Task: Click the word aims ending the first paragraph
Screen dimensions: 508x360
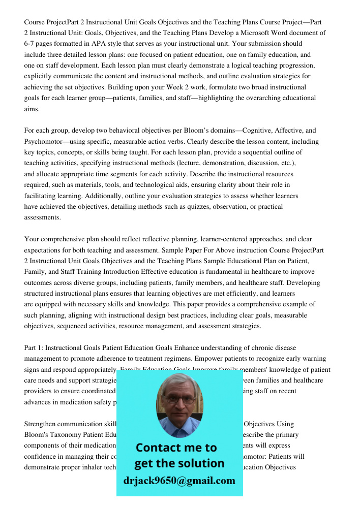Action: (32, 109)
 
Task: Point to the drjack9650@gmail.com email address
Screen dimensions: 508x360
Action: (179, 481)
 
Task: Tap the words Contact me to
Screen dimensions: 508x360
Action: (176, 448)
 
